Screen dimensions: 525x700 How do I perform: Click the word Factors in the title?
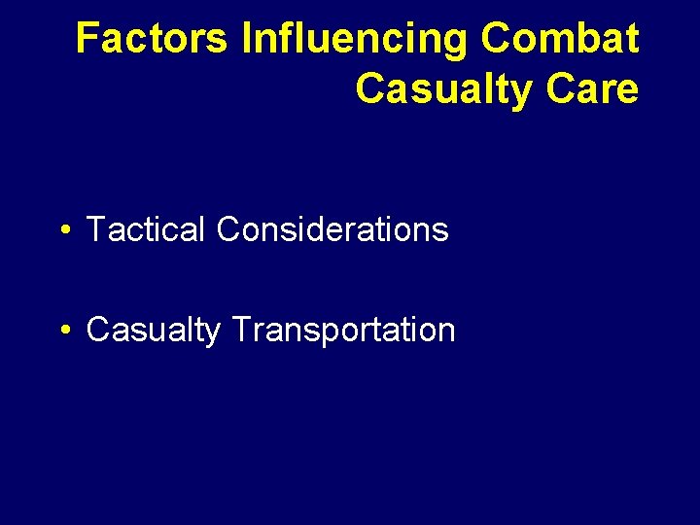click(153, 39)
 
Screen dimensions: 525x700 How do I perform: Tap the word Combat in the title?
click(560, 39)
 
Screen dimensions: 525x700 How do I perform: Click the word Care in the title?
click(592, 89)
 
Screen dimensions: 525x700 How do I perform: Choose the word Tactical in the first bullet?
click(147, 230)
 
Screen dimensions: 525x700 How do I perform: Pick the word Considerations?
click(332, 230)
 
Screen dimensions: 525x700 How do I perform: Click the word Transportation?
click(343, 331)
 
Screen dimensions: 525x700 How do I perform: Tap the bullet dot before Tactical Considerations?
click(63, 231)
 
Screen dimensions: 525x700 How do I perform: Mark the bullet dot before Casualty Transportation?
click(63, 331)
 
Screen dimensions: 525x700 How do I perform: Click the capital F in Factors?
click(87, 39)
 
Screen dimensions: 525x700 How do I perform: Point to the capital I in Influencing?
click(246, 39)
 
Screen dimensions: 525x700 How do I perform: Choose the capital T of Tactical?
click(95, 230)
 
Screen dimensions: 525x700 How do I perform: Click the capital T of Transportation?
click(240, 331)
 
